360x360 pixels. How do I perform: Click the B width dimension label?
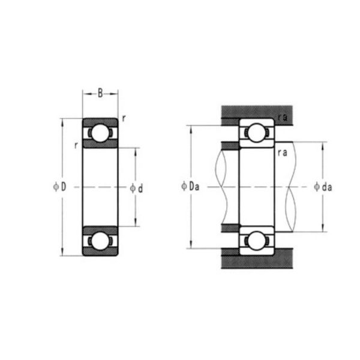(100, 93)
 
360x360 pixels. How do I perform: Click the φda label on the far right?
(322, 187)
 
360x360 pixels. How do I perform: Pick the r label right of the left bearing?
(123, 118)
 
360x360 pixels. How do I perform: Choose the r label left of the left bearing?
(76, 145)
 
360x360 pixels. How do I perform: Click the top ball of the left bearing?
(100, 132)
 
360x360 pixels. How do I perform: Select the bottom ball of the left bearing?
(100, 241)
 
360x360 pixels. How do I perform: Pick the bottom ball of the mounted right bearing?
(257, 240)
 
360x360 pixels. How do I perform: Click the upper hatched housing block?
(258, 112)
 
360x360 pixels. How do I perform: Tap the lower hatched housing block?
(258, 262)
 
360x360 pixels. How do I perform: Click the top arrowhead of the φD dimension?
(62, 121)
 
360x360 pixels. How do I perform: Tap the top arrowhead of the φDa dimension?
(190, 128)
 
